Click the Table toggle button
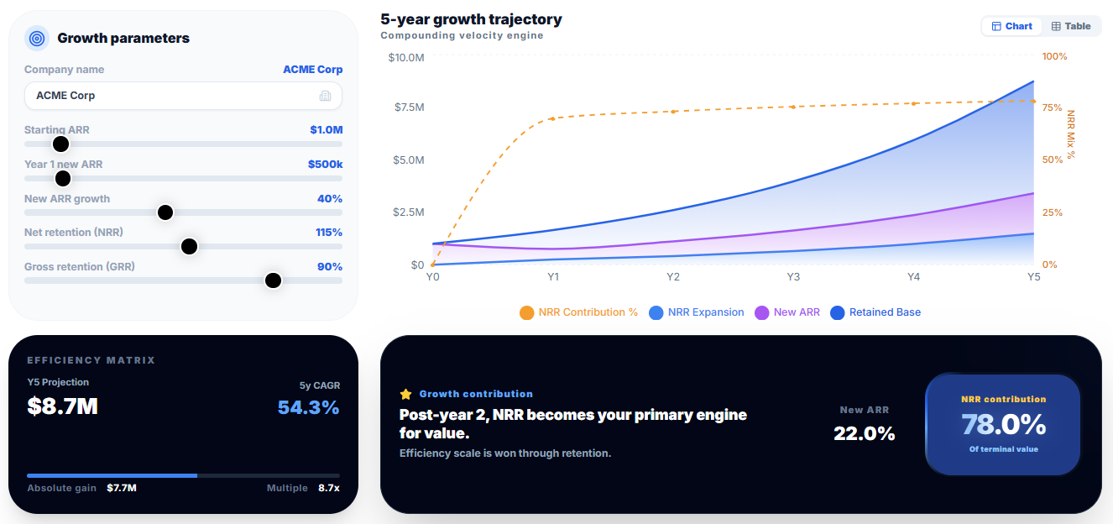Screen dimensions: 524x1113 1071,26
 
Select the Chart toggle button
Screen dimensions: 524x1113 1011,26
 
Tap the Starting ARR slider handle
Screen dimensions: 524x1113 60,144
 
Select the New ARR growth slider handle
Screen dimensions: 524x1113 165,212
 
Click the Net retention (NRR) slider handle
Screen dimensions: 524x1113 189,246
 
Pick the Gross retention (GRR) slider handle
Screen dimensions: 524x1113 273,280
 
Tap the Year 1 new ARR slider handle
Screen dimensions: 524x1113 63,178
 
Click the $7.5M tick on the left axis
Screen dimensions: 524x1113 408,107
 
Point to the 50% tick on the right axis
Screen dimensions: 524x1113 1053,160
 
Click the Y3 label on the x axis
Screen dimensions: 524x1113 793,276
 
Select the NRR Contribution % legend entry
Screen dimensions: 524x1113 578,312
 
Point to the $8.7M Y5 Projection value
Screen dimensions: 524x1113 62,406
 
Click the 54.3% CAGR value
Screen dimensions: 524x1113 309,407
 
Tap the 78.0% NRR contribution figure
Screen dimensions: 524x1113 1003,425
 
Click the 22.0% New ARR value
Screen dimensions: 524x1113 864,433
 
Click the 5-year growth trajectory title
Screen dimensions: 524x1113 471,19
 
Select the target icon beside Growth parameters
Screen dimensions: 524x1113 37,38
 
